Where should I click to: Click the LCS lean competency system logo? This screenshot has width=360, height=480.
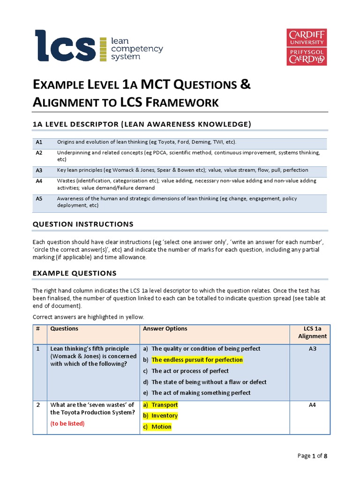pyautogui.click(x=98, y=45)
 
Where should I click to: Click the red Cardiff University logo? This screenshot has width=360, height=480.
pyautogui.click(x=307, y=47)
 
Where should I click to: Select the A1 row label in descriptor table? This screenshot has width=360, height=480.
pyautogui.click(x=39, y=142)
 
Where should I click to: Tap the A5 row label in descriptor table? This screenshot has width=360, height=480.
pyautogui.click(x=39, y=199)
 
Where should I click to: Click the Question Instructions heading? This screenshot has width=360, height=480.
pyautogui.click(x=83, y=224)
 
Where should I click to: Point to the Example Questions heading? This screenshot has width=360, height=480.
pyautogui.click(x=75, y=273)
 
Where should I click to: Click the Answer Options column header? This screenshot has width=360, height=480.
pyautogui.click(x=165, y=329)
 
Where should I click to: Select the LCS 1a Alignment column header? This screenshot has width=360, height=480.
pyautogui.click(x=312, y=332)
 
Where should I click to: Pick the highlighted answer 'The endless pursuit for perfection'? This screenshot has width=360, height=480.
pyautogui.click(x=197, y=360)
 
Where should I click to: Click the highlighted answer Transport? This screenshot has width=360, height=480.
pyautogui.click(x=165, y=405)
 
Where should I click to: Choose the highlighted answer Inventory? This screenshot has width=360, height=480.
pyautogui.click(x=165, y=416)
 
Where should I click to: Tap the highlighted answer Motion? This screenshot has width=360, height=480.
pyautogui.click(x=161, y=427)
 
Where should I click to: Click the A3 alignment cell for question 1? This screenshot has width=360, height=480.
pyautogui.click(x=312, y=349)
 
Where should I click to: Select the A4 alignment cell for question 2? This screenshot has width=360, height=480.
pyautogui.click(x=312, y=405)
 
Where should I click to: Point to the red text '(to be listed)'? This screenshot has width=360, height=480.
pyautogui.click(x=67, y=424)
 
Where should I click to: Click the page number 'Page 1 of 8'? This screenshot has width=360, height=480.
pyautogui.click(x=313, y=456)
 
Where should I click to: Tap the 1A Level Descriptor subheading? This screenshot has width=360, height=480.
pyautogui.click(x=142, y=124)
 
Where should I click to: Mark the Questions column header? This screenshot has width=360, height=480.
pyautogui.click(x=64, y=329)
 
